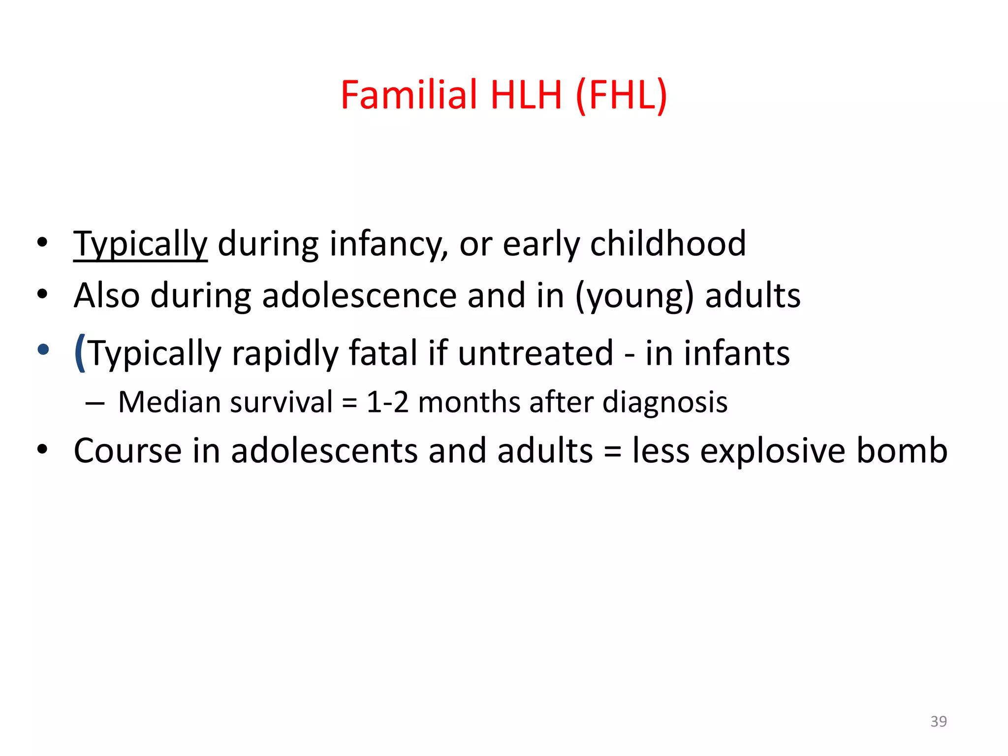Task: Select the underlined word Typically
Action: pyautogui.click(x=140, y=245)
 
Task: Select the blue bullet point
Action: pyautogui.click(x=43, y=349)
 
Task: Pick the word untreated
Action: pyautogui.click(x=535, y=353)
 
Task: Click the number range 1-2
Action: pyautogui.click(x=387, y=402)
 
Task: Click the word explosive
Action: pyautogui.click(x=773, y=451)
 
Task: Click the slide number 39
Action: pyautogui.click(x=939, y=721)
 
